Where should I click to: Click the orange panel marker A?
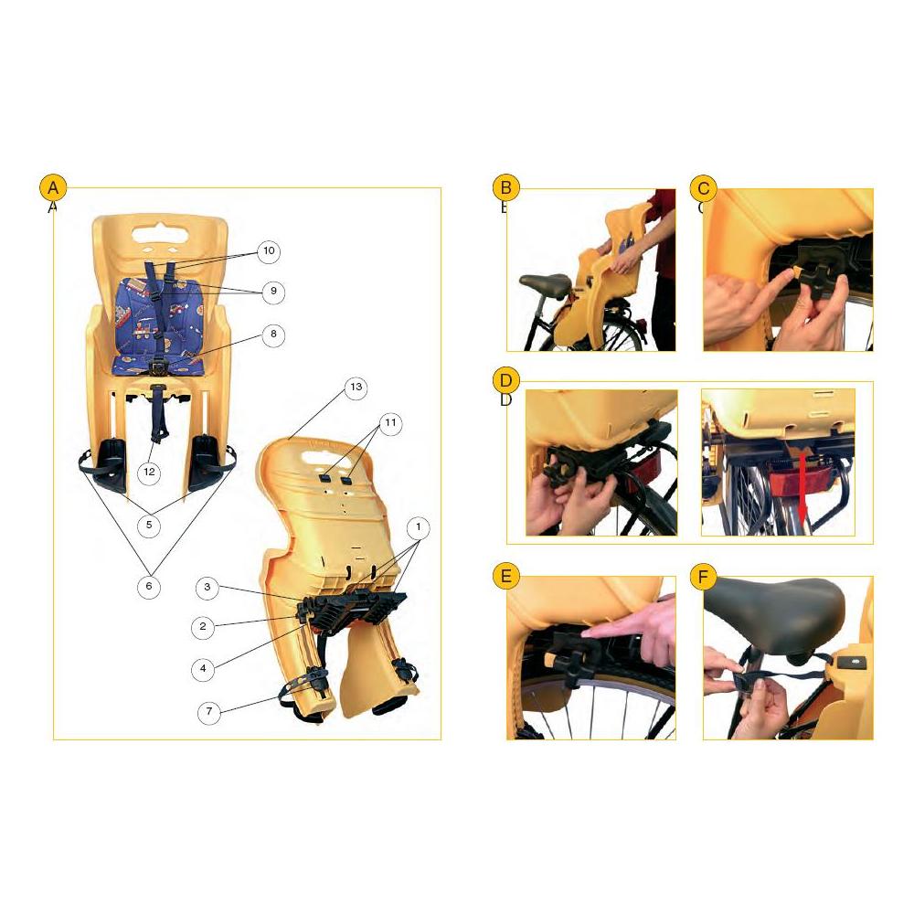pos(53,188)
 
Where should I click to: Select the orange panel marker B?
pos(505,188)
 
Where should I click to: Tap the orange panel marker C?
pos(703,188)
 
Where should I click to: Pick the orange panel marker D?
pos(505,380)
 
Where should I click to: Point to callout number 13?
pos(356,388)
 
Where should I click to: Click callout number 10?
pos(269,250)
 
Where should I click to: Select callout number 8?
pos(272,335)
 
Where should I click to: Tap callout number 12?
pos(151,472)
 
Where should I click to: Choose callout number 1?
pos(418,527)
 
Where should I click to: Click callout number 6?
pos(151,585)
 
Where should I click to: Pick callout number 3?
pos(208,588)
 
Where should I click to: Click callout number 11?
pos(390,423)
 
